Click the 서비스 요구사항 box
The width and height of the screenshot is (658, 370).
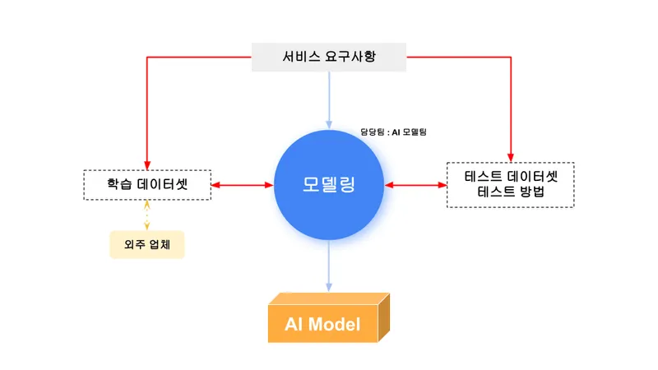(329, 58)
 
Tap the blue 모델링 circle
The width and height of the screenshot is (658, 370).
(328, 184)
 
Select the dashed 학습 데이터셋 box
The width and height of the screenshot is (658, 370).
(147, 184)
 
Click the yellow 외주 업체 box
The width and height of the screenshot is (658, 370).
(147, 244)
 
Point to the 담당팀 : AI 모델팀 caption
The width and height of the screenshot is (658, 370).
(393, 132)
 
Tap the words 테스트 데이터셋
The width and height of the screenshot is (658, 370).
(510, 176)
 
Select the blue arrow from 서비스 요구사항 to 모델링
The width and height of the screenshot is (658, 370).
(329, 99)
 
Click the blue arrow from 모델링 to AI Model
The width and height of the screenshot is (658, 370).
(329, 263)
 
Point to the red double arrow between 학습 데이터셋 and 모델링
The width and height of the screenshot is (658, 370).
(243, 185)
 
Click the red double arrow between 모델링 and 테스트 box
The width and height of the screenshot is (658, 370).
(415, 185)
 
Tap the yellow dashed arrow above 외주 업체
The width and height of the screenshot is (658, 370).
(147, 215)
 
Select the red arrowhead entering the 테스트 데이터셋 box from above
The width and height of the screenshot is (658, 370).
(510, 156)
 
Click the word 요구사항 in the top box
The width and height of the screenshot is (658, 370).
(366, 58)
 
